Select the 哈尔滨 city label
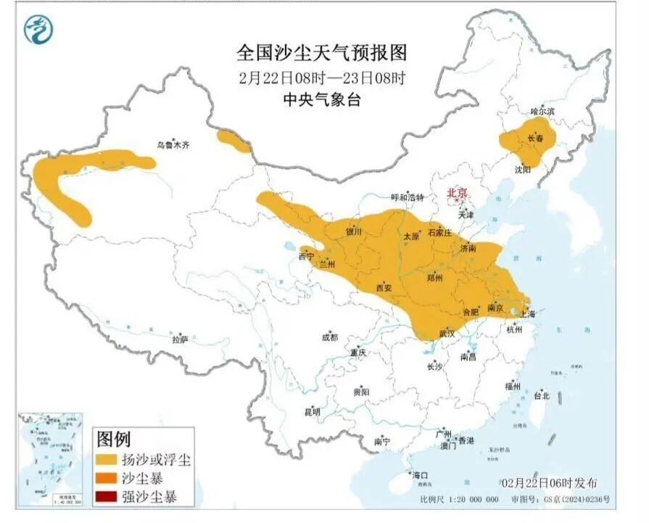(542, 112)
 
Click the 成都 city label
(329, 337)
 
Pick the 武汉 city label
(448, 333)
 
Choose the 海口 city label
(420, 475)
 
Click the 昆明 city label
(312, 411)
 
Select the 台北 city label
(541, 396)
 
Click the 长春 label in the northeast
(535, 138)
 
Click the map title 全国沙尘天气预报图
(322, 52)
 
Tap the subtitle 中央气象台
(321, 99)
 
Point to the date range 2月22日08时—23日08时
(322, 77)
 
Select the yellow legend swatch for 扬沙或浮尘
(107, 459)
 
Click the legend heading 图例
(113, 439)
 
